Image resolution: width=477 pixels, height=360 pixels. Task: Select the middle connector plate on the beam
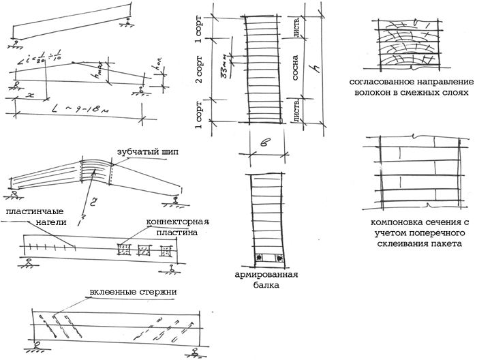coord(143,250)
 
